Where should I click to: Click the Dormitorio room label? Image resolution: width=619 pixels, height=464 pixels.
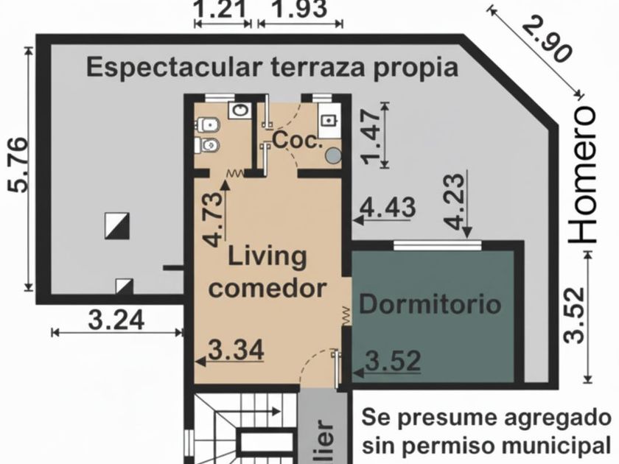pos(430,305)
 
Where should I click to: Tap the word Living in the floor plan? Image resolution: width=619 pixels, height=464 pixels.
pos(267,257)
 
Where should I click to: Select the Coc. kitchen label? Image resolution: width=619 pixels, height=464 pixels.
pos(295,140)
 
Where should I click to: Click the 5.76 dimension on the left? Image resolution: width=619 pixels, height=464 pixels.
pos(18,165)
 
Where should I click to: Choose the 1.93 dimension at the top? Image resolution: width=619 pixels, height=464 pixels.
pos(300,9)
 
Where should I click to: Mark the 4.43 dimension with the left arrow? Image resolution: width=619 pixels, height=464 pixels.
pos(388,207)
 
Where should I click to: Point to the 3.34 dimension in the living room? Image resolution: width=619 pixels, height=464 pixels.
pos(236,350)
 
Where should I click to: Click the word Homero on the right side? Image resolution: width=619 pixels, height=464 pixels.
pos(582,175)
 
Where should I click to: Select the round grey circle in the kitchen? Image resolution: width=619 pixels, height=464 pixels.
pos(334,155)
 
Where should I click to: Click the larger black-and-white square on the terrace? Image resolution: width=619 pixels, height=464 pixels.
pos(117,225)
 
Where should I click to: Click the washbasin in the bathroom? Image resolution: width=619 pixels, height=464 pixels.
pos(239,110)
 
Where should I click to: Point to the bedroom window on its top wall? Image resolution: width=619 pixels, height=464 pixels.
pos(438,245)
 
